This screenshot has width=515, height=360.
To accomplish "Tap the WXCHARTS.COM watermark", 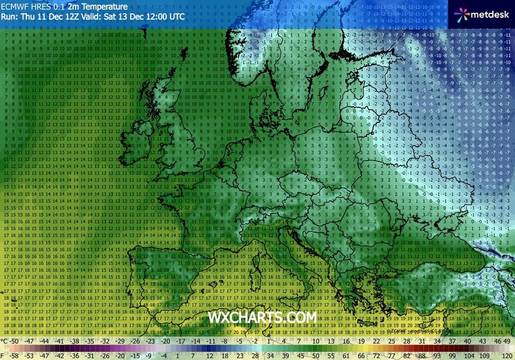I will [262, 318].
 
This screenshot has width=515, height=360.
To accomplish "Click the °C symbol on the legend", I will [6, 340].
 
